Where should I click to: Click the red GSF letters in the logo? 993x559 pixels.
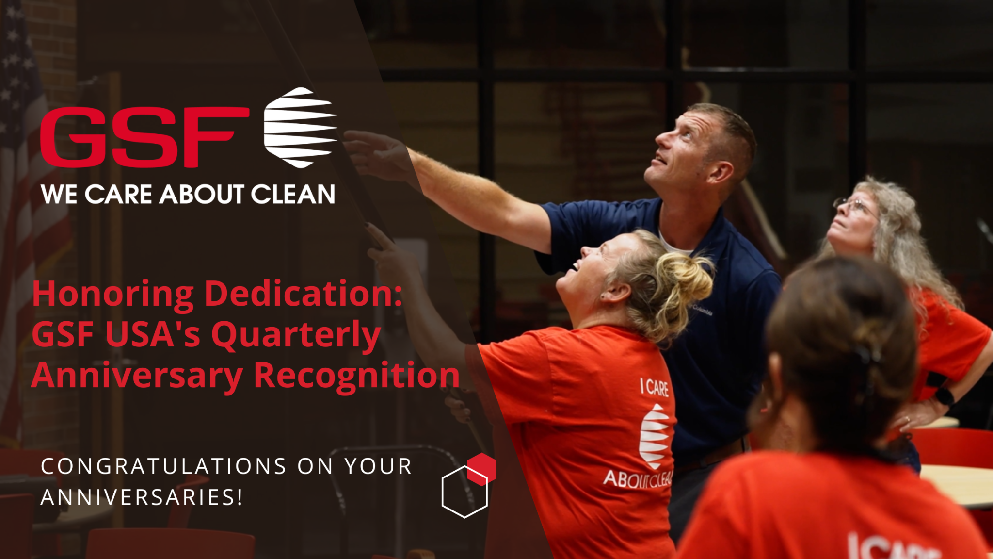tap(144, 137)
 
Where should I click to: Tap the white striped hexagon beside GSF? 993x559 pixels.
tap(300, 128)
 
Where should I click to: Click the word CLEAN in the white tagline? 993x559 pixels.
tap(293, 194)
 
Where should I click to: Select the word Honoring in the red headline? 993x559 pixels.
tap(113, 295)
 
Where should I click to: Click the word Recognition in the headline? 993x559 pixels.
tap(356, 376)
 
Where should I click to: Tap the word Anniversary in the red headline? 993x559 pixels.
tap(137, 377)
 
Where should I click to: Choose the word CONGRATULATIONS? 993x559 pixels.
tap(163, 466)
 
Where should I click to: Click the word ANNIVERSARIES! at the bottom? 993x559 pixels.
tap(142, 497)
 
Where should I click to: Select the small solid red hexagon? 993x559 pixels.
tap(482, 469)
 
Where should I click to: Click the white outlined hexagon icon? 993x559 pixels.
tap(464, 492)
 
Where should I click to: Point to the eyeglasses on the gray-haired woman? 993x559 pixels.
tap(853, 206)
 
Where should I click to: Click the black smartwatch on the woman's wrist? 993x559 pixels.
tap(944, 396)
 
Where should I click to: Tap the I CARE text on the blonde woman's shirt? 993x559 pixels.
tap(655, 387)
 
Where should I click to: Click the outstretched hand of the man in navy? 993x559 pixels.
tap(376, 153)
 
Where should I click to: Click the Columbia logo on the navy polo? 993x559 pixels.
tap(703, 310)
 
